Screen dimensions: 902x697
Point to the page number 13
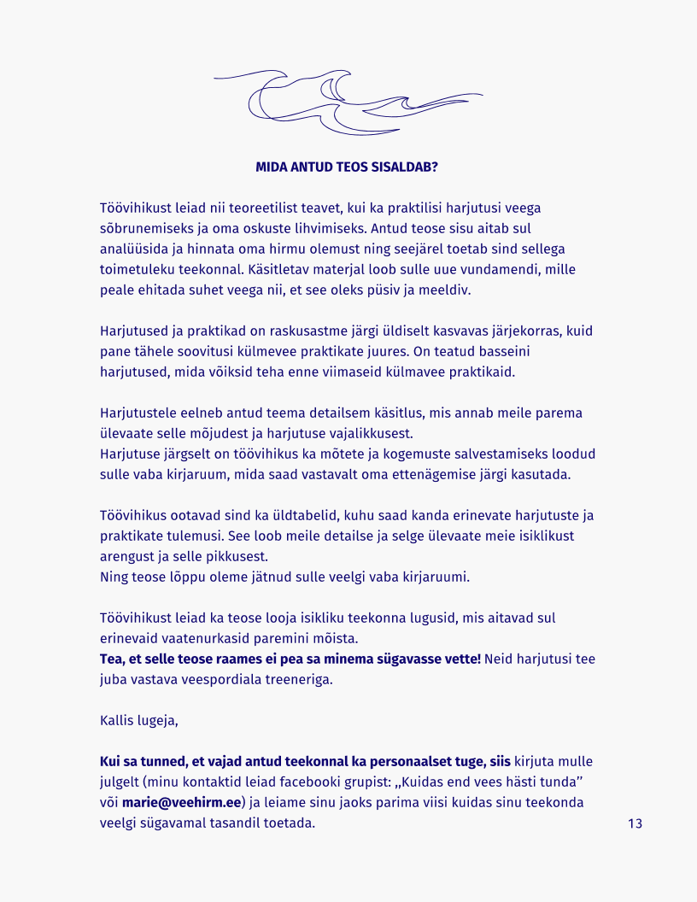635,823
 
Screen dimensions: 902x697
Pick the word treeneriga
301,680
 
